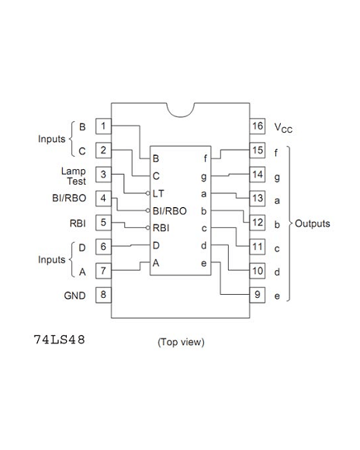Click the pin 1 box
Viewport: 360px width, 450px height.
pos(103,126)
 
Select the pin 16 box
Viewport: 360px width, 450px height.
pos(258,126)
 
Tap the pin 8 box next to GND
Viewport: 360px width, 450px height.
pos(103,295)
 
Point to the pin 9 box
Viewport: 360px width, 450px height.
pos(258,295)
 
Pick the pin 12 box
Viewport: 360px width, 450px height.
pos(258,223)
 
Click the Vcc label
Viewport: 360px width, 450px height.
pos(283,128)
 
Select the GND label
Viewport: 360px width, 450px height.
pos(74,296)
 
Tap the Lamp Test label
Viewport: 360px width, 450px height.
pos(74,176)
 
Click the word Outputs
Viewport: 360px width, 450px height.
pos(313,223)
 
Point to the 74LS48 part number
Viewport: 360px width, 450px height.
pos(60,340)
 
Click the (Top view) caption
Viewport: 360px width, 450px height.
pos(181,342)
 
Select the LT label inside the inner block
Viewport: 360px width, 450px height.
pos(158,193)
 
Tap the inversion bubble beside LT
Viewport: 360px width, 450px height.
pos(148,193)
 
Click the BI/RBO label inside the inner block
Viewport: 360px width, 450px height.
pos(170,211)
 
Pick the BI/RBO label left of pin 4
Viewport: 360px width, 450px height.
pos(69,198)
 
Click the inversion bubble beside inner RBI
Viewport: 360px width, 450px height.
pos(148,228)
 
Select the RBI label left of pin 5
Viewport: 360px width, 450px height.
pos(78,223)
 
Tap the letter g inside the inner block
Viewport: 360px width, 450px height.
pos(203,177)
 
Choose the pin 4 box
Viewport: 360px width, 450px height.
pos(103,199)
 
